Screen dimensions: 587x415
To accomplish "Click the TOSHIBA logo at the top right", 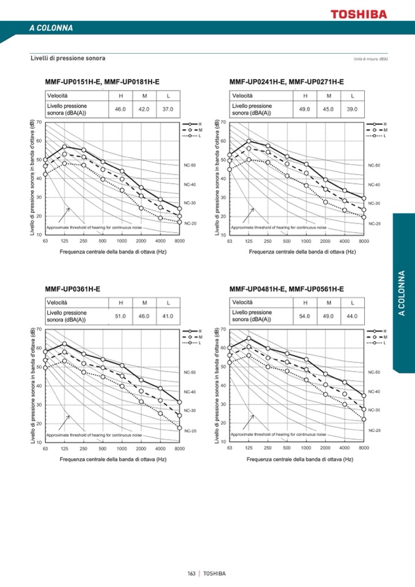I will (x=359, y=13).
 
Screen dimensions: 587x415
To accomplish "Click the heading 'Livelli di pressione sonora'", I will (x=68, y=58).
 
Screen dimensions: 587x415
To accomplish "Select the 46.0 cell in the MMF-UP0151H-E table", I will (x=121, y=109).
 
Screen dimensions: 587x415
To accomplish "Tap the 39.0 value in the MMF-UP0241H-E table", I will (x=353, y=109).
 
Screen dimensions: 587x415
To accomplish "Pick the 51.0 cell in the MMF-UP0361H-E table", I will (x=121, y=316).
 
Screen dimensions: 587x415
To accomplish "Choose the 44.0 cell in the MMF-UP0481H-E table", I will (x=352, y=316).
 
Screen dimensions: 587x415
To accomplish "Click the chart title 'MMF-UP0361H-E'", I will (x=73, y=288).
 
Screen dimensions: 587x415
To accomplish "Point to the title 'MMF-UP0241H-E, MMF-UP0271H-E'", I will (x=286, y=81).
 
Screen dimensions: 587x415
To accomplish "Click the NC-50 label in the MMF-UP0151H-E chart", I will (x=190, y=165).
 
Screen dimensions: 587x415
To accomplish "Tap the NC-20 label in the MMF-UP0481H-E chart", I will (x=374, y=430).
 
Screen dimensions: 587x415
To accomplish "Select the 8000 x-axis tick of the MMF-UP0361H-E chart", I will (x=179, y=449).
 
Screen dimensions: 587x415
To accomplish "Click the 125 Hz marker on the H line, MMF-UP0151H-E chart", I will (x=64, y=146).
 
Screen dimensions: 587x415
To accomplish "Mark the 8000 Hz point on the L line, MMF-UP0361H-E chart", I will (x=179, y=428).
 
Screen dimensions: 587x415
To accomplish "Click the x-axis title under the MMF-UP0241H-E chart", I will (x=302, y=251).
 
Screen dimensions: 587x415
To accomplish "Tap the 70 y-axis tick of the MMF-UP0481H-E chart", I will (x=223, y=329).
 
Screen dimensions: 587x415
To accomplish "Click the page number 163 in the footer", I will (x=192, y=574).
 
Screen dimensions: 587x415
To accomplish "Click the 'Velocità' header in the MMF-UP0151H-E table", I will (x=58, y=95).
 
